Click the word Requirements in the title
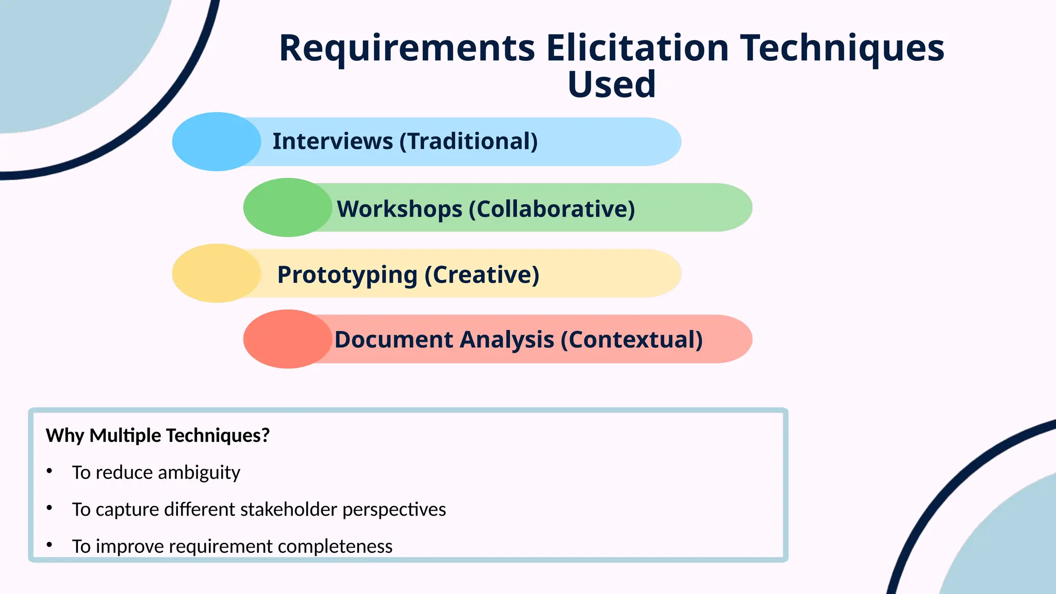point(407,48)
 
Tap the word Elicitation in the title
point(637,48)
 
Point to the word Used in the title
point(612,85)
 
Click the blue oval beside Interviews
point(217,142)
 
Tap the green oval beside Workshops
point(287,208)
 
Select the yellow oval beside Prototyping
point(217,273)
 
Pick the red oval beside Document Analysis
point(287,339)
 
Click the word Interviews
point(333,141)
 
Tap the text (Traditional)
point(469,141)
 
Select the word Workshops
point(400,209)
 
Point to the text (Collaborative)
point(552,209)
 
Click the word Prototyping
point(347,275)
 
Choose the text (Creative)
point(482,275)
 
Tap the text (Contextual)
point(632,340)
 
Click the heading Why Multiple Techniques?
point(158,436)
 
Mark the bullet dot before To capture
point(49,508)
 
